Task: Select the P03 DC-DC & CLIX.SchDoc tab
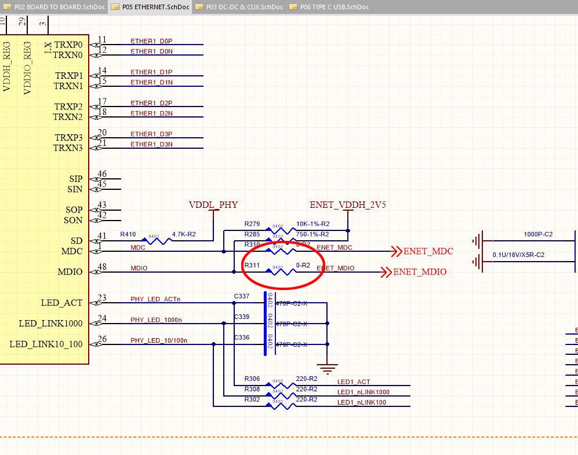point(244,7)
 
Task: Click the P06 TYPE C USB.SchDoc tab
point(334,7)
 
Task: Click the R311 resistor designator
point(252,265)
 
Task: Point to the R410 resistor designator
point(128,234)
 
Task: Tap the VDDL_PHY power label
point(213,205)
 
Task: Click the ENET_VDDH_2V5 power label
point(348,205)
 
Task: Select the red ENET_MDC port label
point(428,251)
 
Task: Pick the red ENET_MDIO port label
point(420,272)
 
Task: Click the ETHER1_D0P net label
point(151,41)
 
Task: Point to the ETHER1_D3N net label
point(151,144)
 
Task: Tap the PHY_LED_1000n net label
point(155,320)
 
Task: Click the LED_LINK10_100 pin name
point(46,344)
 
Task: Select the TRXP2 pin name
point(68,107)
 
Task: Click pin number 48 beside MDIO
point(102,267)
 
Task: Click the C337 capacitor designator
point(241,296)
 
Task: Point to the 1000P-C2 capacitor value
point(538,234)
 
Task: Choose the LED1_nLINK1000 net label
point(363,392)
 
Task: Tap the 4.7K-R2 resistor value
point(184,234)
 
